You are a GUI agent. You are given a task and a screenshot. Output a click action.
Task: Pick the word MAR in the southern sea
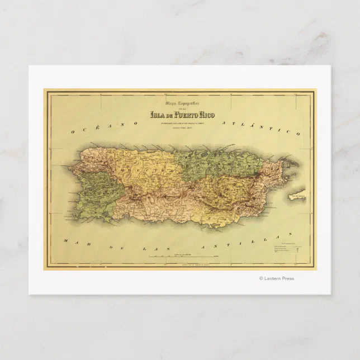point(73,241)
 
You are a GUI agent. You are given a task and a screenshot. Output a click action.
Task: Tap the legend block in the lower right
point(286,249)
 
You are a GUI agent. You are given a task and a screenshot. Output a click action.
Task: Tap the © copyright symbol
point(260,278)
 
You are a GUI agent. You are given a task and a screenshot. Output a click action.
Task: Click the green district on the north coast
point(218,162)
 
